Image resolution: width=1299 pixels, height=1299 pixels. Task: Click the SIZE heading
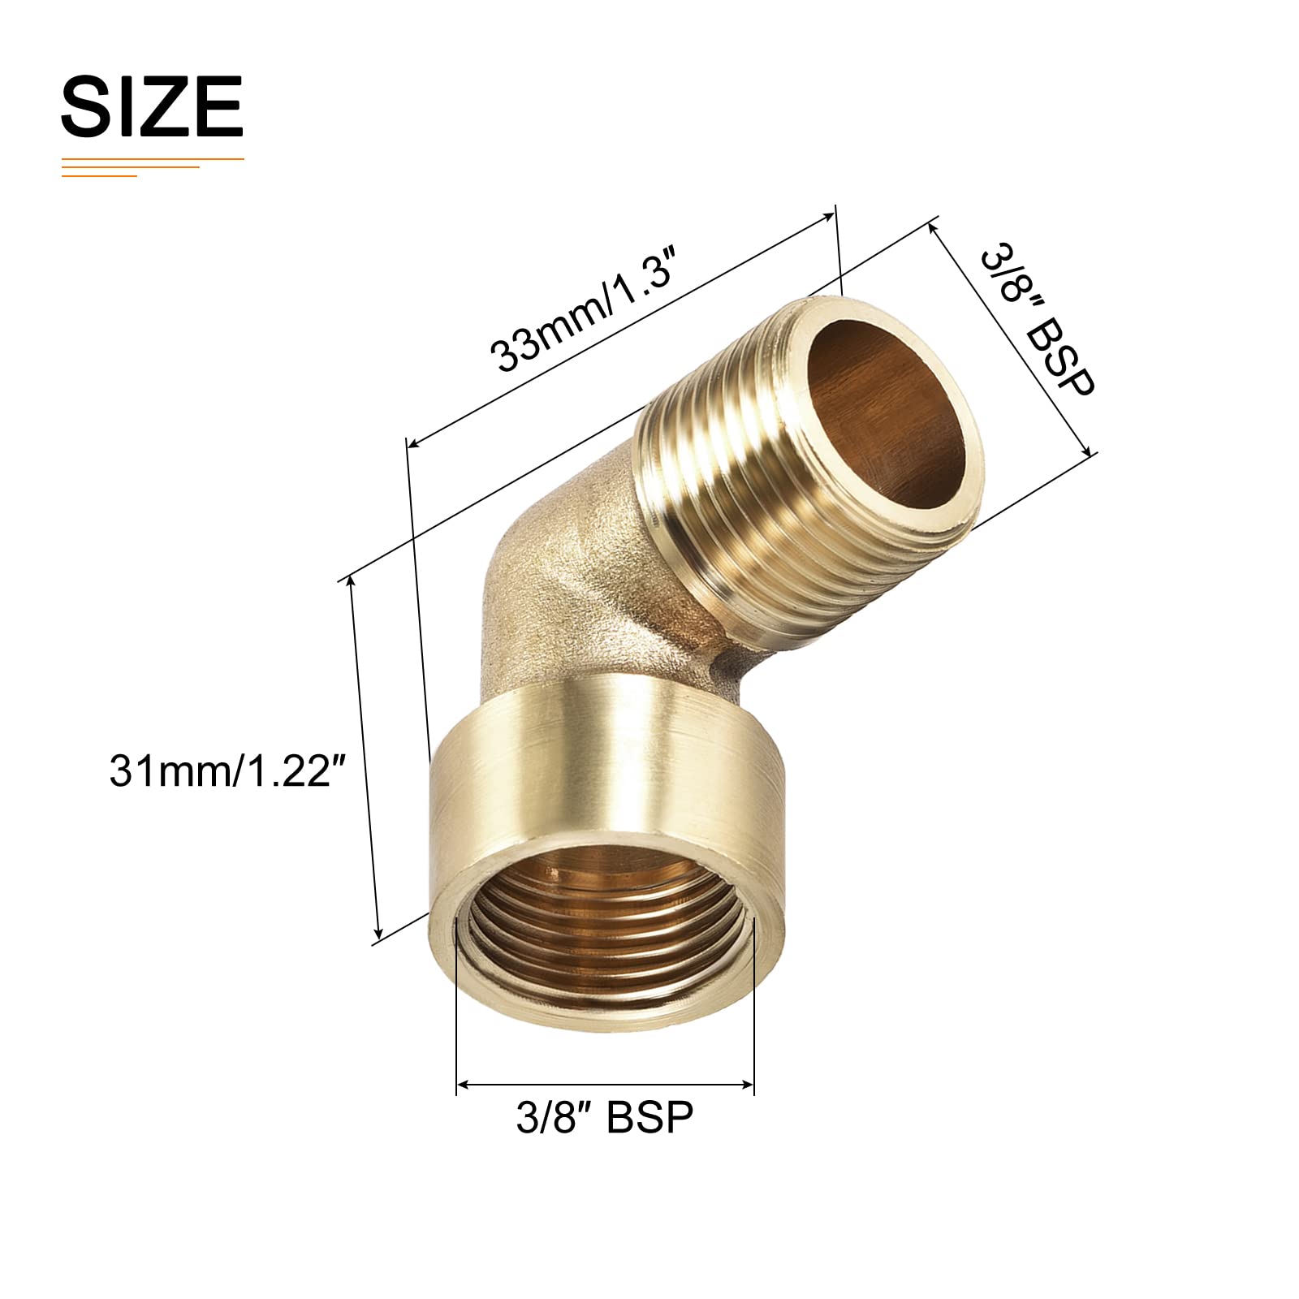[152, 106]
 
